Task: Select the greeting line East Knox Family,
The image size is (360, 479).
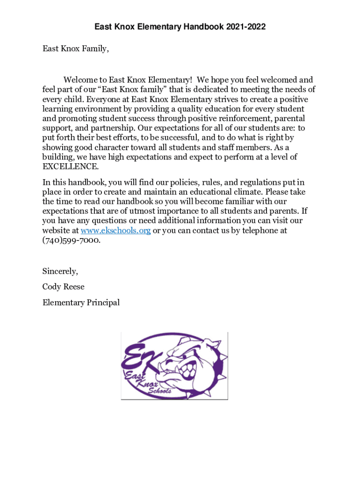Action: coord(75,48)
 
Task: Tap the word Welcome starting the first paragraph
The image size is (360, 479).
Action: coord(81,80)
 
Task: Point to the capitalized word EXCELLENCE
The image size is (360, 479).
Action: coord(71,167)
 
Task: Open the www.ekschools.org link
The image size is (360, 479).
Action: coord(115,231)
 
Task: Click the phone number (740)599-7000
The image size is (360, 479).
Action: coord(71,240)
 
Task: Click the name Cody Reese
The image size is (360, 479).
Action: coord(64,287)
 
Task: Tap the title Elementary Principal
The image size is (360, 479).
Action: coord(81,303)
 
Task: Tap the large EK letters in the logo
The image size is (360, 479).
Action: coord(140,358)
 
